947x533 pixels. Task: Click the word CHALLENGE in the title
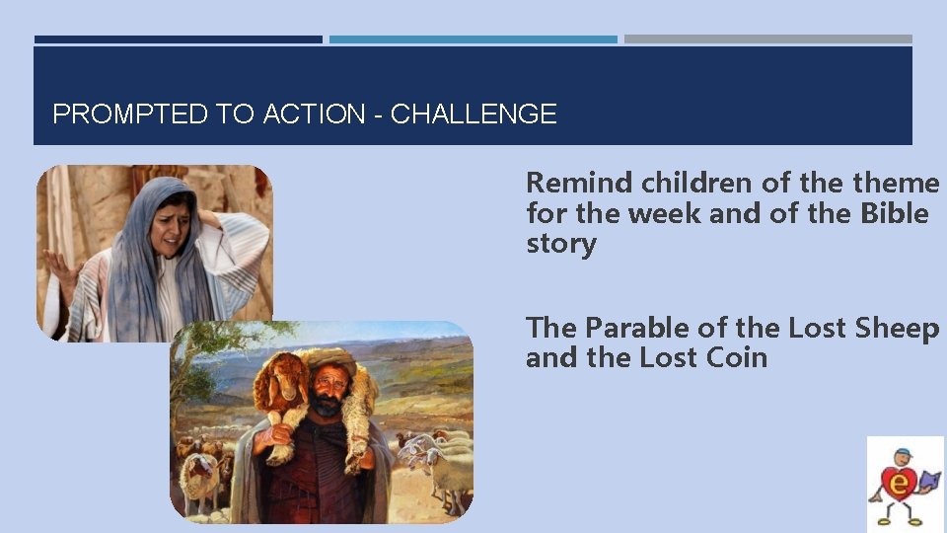pyautogui.click(x=473, y=114)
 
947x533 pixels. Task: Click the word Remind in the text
pyautogui.click(x=579, y=183)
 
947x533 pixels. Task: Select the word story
pyautogui.click(x=560, y=244)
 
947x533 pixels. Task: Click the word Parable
pyautogui.click(x=640, y=327)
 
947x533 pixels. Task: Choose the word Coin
pyautogui.click(x=735, y=356)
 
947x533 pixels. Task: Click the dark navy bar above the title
pyautogui.click(x=178, y=39)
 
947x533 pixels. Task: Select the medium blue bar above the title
pyautogui.click(x=473, y=39)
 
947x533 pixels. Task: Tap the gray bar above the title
pyautogui.click(x=767, y=39)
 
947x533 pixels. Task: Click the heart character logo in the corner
pyautogui.click(x=905, y=484)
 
